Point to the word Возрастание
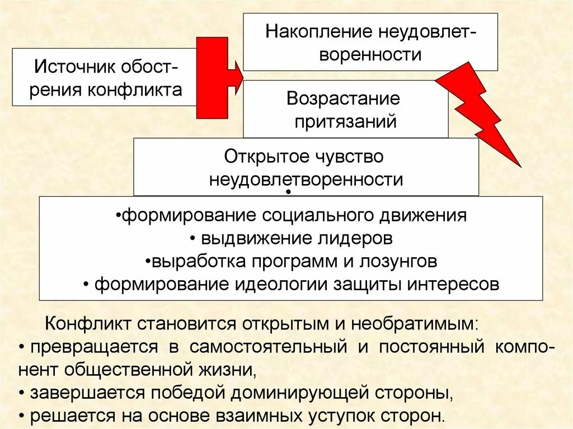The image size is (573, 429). tap(343, 99)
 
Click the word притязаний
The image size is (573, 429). tap(345, 121)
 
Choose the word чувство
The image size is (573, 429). tap(351, 157)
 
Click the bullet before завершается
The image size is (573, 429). tap(22, 393)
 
